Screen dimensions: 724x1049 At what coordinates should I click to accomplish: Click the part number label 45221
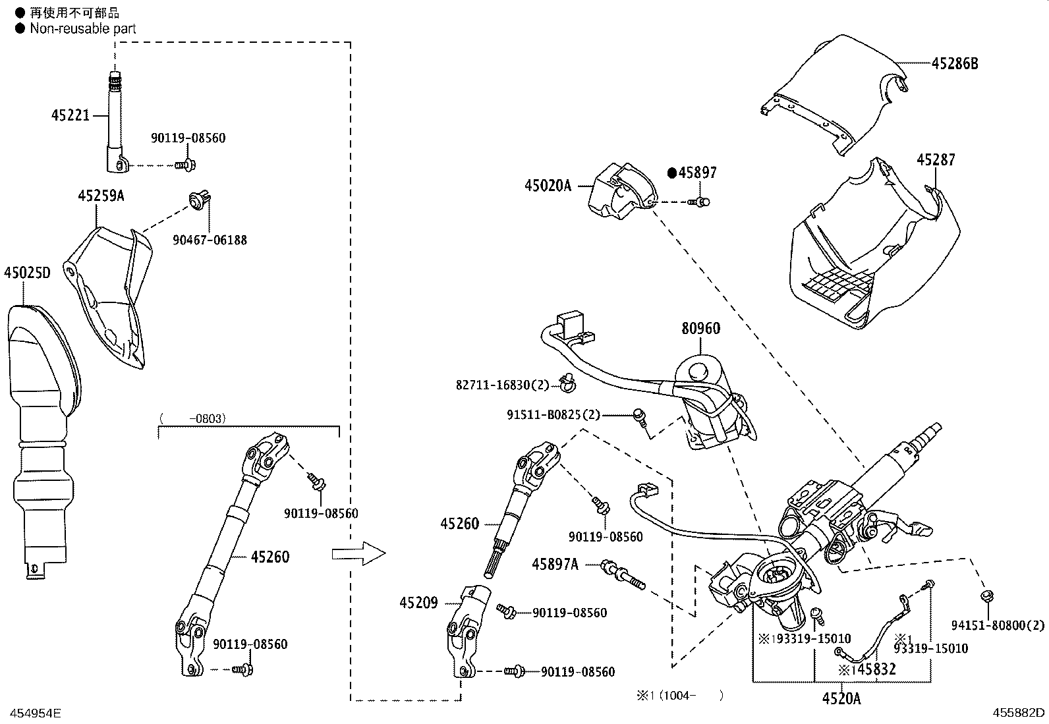click(70, 115)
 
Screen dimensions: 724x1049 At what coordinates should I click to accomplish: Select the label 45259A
click(101, 196)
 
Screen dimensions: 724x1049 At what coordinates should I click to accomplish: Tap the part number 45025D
click(26, 273)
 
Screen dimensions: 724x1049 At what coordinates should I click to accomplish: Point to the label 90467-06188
click(210, 240)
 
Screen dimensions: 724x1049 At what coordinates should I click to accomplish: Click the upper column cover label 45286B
click(955, 63)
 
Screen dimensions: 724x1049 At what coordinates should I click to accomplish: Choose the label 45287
click(936, 159)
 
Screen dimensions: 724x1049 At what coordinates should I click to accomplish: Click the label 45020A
click(548, 186)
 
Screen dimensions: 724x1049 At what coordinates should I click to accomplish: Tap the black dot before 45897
click(672, 173)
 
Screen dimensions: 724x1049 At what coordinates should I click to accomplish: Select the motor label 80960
click(700, 328)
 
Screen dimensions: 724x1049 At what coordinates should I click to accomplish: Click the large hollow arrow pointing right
click(358, 554)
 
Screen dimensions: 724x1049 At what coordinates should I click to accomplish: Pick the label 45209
click(418, 602)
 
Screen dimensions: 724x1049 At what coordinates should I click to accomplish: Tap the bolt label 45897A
click(555, 564)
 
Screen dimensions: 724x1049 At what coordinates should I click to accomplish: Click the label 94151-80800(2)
click(998, 625)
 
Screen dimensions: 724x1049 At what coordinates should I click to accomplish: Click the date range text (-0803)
click(192, 418)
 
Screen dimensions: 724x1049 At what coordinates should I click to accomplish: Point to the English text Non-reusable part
click(83, 28)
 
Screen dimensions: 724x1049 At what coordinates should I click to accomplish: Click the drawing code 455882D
click(1019, 712)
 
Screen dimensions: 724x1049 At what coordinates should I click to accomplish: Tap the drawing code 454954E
click(32, 712)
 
